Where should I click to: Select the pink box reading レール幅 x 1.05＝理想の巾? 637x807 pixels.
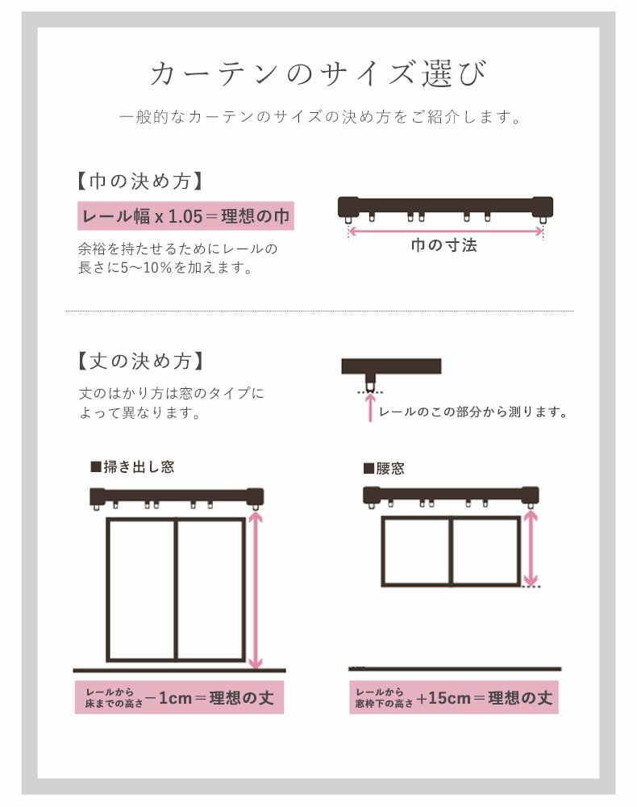[185, 216]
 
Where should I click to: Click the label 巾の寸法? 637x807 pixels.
[444, 245]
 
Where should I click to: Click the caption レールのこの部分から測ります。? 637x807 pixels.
[473, 412]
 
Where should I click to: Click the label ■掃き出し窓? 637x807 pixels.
[132, 466]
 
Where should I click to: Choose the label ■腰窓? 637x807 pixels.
[385, 468]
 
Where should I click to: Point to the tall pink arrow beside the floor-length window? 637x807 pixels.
[256, 589]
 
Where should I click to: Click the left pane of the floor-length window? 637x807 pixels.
[142, 589]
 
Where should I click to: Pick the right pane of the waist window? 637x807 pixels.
[485, 551]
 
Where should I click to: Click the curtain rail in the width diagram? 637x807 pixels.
[446, 205]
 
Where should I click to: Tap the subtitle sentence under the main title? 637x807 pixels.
[318, 118]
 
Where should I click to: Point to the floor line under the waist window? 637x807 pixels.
[456, 668]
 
